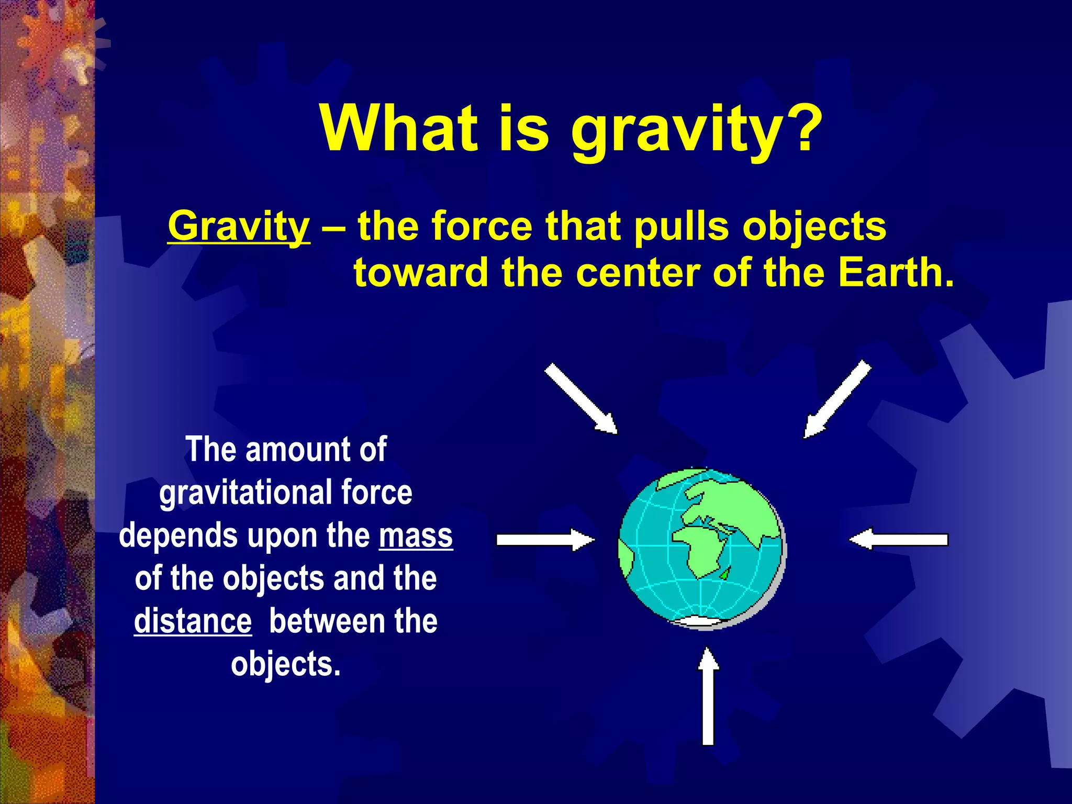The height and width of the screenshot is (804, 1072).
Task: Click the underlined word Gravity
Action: tap(239, 226)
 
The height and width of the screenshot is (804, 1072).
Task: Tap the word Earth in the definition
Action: tap(895, 272)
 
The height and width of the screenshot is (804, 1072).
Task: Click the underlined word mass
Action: tap(416, 536)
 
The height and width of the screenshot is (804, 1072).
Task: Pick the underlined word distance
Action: tap(193, 621)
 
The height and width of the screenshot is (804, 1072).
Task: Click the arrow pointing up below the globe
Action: tap(708, 696)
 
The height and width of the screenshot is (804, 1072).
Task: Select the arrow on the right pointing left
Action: tap(898, 539)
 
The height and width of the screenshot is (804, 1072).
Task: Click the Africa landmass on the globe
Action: tap(701, 550)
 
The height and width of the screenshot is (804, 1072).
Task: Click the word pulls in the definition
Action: tap(682, 226)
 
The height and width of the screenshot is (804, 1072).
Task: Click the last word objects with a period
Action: tap(285, 665)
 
